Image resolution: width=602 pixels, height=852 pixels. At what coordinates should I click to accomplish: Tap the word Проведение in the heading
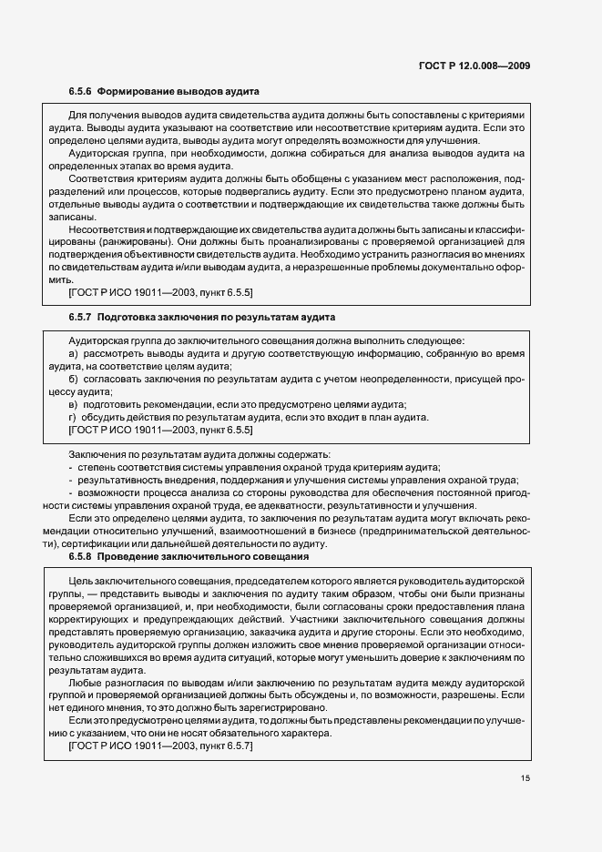pos(127,555)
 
